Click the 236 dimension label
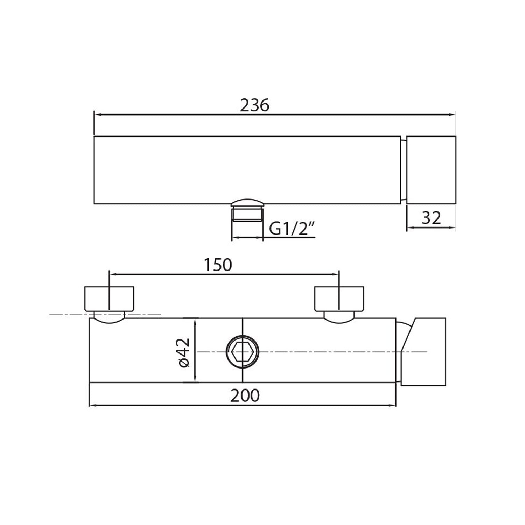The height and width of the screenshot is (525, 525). click(x=254, y=105)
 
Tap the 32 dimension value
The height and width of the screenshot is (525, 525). click(x=431, y=218)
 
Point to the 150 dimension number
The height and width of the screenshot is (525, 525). click(x=218, y=265)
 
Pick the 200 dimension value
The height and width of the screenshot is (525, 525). click(x=245, y=396)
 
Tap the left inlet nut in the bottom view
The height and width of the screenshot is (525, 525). click(x=109, y=299)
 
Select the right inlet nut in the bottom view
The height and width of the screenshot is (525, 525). click(x=339, y=299)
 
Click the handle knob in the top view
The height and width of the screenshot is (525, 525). click(x=431, y=170)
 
